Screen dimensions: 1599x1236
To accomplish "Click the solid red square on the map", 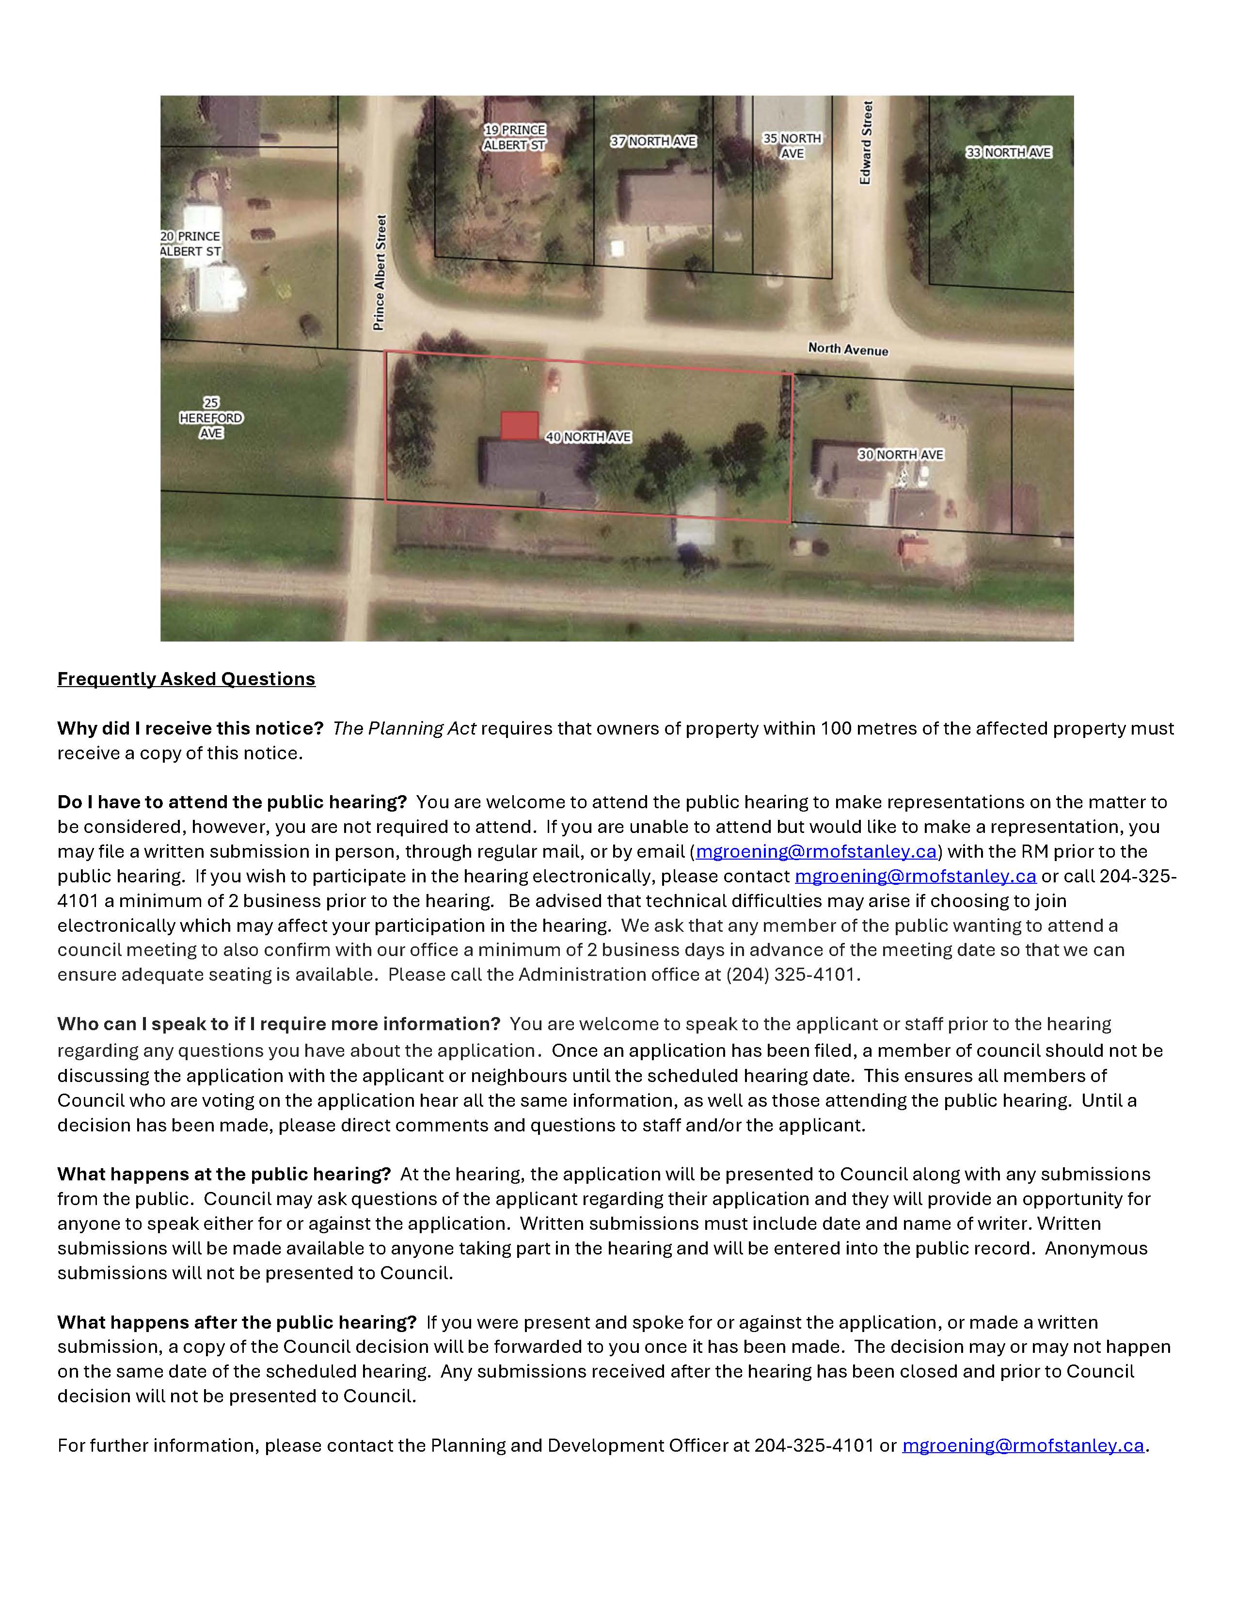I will (519, 425).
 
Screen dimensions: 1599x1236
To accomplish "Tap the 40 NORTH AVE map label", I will (588, 437).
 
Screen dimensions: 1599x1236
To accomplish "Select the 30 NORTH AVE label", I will (901, 455).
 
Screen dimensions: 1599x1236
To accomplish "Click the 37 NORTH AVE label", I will (653, 141).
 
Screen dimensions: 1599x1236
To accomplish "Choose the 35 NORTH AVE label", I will (792, 146).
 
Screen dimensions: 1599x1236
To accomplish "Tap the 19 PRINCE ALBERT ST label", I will (515, 138).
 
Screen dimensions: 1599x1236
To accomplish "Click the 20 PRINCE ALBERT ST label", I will (190, 244).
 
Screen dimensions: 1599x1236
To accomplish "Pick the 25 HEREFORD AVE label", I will (211, 418).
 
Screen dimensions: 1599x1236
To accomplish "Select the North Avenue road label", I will (848, 349).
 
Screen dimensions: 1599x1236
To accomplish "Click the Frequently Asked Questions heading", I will (186, 679).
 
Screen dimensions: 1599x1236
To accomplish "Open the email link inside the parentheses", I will (816, 851).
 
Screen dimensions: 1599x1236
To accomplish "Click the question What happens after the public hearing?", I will (237, 1322).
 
